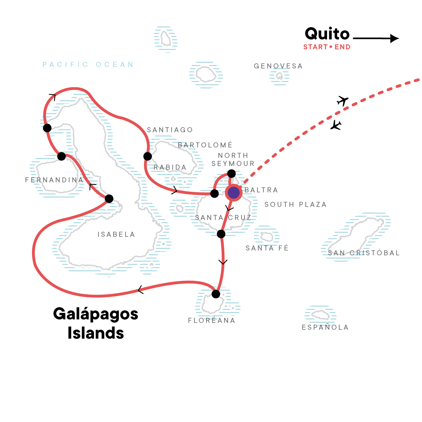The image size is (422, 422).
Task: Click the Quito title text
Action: coord(327,34)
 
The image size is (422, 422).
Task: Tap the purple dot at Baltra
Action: coord(234,193)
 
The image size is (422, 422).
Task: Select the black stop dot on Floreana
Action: coord(216,294)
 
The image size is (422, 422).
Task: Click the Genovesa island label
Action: coord(278,66)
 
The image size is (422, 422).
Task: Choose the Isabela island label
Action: coord(116,235)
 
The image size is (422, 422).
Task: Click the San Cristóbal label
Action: coord(364,253)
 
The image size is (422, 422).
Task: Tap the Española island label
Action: coord(325,327)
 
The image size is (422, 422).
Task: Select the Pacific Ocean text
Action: coord(88,65)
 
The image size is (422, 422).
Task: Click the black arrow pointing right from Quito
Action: coord(376,38)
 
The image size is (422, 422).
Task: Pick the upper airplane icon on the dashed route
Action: coord(342,101)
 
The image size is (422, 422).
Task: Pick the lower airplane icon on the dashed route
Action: coord(336,125)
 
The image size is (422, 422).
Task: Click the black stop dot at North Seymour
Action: coord(231,173)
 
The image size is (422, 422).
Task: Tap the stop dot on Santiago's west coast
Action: coord(148,156)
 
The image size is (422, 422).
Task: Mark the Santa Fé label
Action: coord(267,248)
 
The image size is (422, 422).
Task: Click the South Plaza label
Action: coord(295,205)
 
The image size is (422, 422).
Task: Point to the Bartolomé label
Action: coord(205,145)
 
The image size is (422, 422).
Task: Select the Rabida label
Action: coord(170,167)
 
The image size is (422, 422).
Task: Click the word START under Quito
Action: coord(315,47)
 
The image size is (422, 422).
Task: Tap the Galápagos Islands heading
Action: coord(96,323)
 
